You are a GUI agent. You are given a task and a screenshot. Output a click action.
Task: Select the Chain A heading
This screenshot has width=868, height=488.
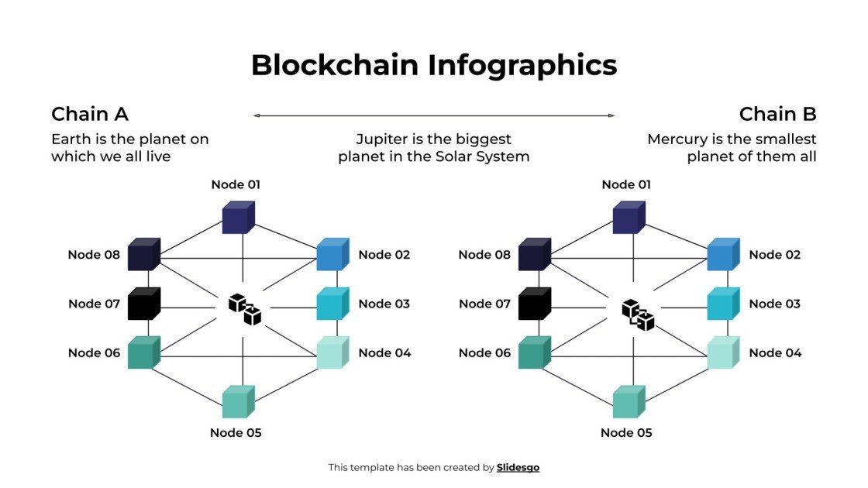(x=90, y=115)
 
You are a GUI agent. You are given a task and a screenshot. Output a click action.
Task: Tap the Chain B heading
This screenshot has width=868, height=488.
(x=777, y=115)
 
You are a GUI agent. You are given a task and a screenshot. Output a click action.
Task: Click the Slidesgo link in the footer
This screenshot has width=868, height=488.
(x=518, y=467)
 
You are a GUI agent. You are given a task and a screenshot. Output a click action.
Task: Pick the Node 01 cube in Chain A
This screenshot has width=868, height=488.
(x=238, y=218)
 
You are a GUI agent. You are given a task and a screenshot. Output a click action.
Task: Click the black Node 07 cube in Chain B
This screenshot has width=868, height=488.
(x=534, y=304)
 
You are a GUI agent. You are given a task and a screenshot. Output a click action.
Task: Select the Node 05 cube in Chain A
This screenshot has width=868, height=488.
(x=238, y=402)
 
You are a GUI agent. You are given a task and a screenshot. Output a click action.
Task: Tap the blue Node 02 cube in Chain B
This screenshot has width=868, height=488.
(x=722, y=255)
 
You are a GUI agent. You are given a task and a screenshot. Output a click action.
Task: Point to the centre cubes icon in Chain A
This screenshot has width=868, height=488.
(x=244, y=308)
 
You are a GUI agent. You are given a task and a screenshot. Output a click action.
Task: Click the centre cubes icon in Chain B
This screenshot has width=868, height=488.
(x=638, y=314)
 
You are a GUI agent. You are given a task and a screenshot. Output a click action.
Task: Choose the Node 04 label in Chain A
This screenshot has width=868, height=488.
(x=384, y=353)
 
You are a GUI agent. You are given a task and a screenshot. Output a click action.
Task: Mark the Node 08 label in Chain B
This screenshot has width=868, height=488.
(x=484, y=255)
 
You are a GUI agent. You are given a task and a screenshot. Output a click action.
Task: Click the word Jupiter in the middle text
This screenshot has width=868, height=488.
(x=381, y=139)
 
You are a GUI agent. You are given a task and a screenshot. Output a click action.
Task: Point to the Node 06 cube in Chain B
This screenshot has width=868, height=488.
(x=534, y=353)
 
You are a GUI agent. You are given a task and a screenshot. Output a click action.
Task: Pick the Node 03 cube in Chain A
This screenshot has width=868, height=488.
(x=332, y=304)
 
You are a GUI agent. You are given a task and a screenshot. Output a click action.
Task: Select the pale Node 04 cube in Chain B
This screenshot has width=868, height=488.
(x=722, y=353)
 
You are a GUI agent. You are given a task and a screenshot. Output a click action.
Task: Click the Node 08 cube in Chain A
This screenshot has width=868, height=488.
(x=143, y=255)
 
